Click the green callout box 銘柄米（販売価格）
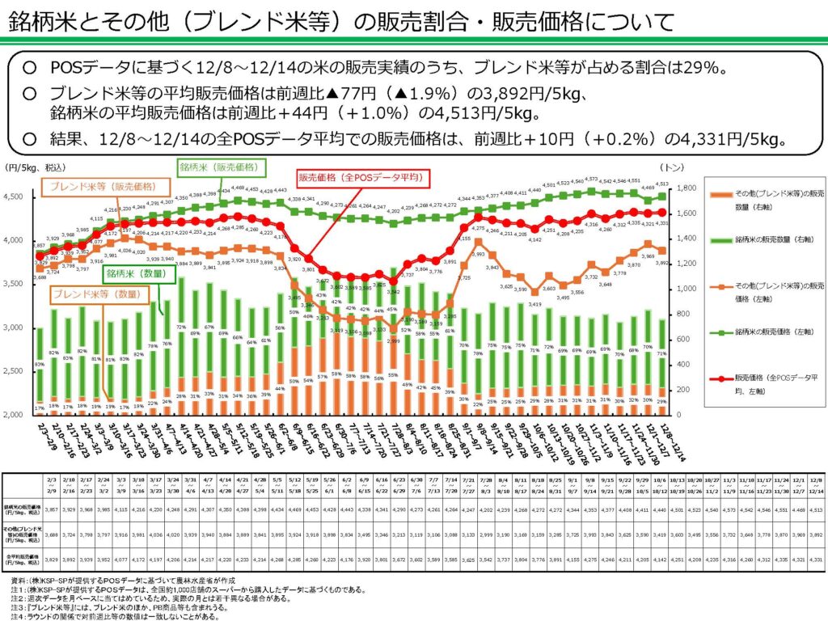pyautogui.click(x=218, y=167)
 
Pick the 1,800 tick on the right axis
pyautogui.click(x=675, y=188)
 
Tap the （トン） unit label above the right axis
pyautogui.click(x=670, y=167)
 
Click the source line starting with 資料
pyautogui.click(x=121, y=581)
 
